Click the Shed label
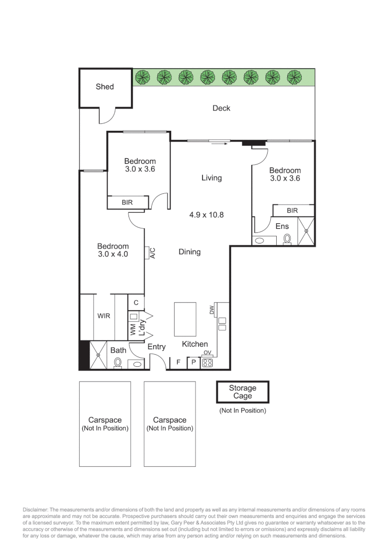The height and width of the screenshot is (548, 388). coord(105,87)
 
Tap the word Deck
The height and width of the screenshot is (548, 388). coord(221,108)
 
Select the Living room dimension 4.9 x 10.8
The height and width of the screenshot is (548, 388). coord(206,215)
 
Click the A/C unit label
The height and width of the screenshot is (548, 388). coord(152,253)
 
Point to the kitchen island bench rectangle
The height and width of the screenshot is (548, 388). coord(185,319)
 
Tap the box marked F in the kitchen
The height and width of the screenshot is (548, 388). coord(178,362)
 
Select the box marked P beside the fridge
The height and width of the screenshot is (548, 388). coord(193,362)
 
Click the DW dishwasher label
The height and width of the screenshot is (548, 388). coord(212,310)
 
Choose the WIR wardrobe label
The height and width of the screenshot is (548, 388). coord(104,316)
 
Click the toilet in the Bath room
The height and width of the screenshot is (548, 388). coord(118,363)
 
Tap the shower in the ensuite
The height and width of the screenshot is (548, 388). coord(306,231)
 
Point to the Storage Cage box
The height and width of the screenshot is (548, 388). coord(242,392)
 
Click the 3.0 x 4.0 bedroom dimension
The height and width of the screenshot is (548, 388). coord(113,254)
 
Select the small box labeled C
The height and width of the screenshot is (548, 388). coord(136,302)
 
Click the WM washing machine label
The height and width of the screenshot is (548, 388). coord(133,329)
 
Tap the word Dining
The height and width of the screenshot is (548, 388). coord(189,252)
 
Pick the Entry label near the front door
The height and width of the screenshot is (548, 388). coord(156,347)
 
